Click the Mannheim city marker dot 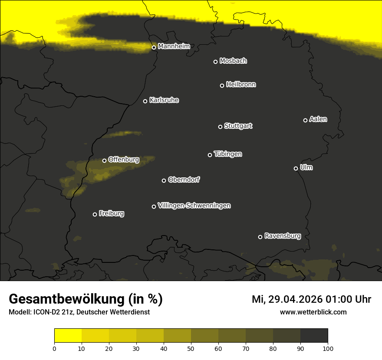(154, 48)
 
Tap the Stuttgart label (238, 126)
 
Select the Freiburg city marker (95, 214)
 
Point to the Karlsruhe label (164, 100)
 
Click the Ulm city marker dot (296, 168)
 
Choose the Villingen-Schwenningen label (194, 206)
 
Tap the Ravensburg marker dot (260, 237)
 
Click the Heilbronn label (241, 85)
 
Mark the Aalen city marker (305, 120)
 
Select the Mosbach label (233, 61)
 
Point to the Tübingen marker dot (210, 155)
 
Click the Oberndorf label (184, 180)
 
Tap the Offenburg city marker (104, 160)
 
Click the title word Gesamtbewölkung (67, 299)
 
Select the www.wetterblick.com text (313, 312)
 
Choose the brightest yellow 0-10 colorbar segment (68, 336)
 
